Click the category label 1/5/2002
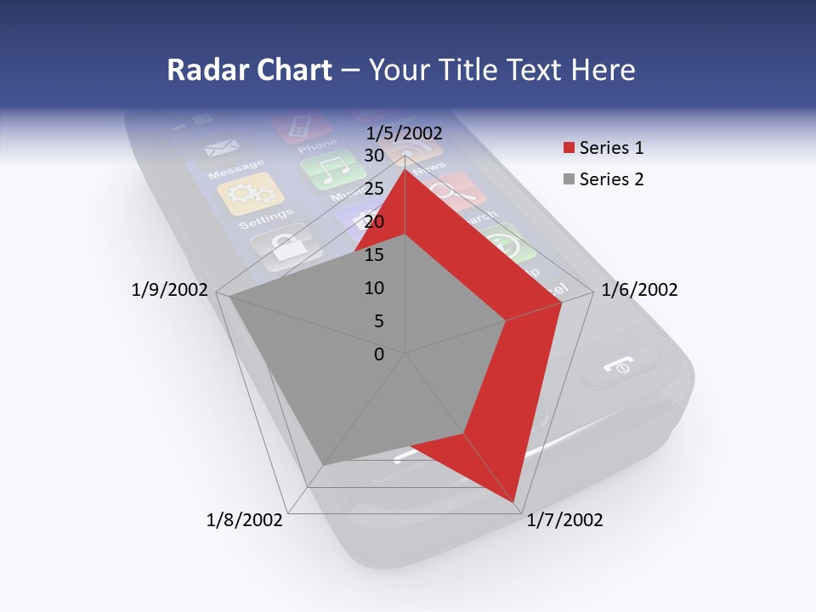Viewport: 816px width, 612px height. (404, 133)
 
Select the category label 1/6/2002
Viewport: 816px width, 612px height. (639, 290)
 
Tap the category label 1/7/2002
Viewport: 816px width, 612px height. (564, 520)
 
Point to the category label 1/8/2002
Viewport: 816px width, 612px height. (245, 520)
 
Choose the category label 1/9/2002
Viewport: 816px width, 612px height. (170, 290)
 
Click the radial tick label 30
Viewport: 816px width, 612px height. (373, 156)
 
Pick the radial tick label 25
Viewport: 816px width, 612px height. (373, 189)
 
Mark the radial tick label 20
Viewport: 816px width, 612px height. (373, 222)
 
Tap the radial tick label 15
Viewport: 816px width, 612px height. (373, 255)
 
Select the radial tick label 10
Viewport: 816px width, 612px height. (373, 288)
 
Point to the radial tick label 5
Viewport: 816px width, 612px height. (378, 321)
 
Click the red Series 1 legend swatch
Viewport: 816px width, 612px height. (568, 149)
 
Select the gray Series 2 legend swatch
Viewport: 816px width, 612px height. (568, 179)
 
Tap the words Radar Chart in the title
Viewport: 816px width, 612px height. (249, 70)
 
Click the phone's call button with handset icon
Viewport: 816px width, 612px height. (620, 367)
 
